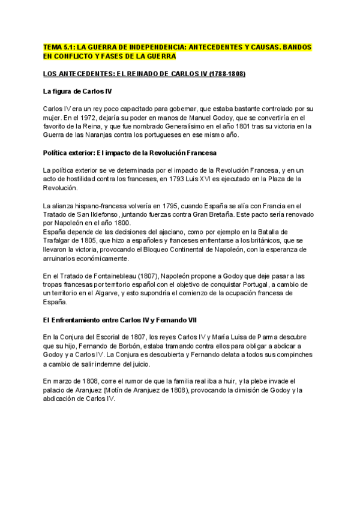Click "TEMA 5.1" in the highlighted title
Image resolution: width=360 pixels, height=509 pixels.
[58, 47]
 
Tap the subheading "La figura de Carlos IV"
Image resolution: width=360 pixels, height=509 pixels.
[77, 91]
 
